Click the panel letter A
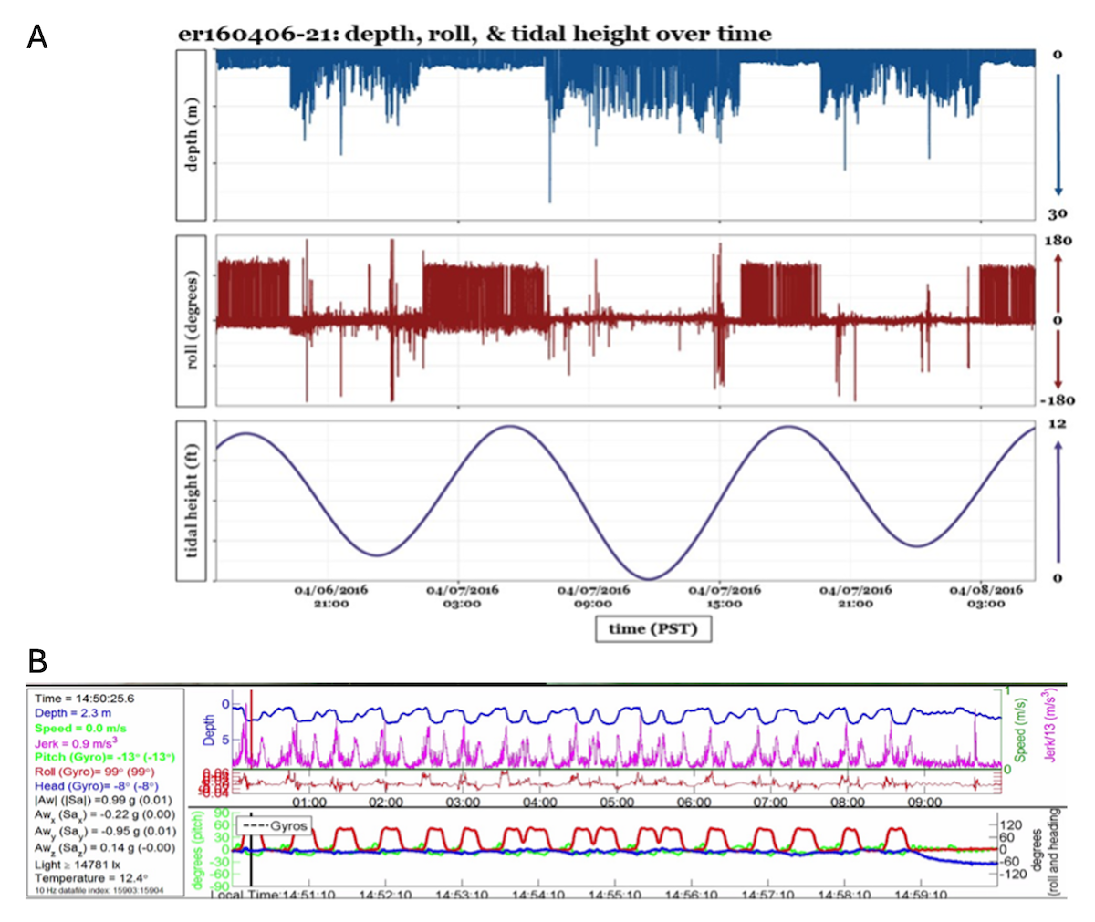pyautogui.click(x=37, y=36)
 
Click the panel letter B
pyautogui.click(x=37, y=659)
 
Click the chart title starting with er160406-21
pyautogui.click(x=474, y=35)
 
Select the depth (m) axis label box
pyautogui.click(x=191, y=135)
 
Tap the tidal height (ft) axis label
pyautogui.click(x=191, y=501)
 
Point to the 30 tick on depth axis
pyautogui.click(x=1057, y=214)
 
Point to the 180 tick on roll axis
pyautogui.click(x=1057, y=241)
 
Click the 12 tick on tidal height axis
pyautogui.click(x=1057, y=424)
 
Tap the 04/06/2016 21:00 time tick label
pyautogui.click(x=330, y=596)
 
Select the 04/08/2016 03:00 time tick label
pyautogui.click(x=985, y=596)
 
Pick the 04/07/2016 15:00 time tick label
pyautogui.click(x=724, y=596)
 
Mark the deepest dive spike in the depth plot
pyautogui.click(x=549, y=201)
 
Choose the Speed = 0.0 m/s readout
pyautogui.click(x=80, y=728)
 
